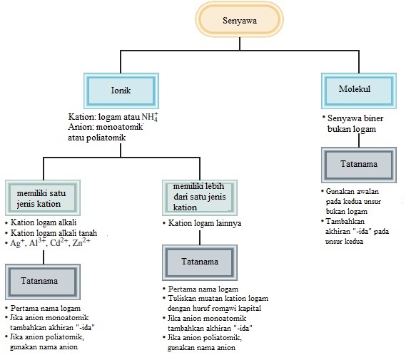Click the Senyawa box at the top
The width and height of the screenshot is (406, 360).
240,20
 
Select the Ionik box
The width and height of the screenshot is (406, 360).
121,91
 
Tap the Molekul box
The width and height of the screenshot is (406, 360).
359,91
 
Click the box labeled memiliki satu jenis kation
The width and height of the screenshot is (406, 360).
43,198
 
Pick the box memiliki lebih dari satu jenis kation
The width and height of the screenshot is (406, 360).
200,198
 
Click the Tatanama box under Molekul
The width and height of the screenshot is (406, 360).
359,165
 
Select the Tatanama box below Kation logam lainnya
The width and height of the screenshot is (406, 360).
200,262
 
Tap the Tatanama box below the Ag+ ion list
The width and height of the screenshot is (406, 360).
43,282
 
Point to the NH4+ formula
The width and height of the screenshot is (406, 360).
150,117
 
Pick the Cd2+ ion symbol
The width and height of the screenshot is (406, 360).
59,242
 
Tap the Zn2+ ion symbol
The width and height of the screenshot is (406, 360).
81,242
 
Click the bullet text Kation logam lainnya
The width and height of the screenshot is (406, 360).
205,223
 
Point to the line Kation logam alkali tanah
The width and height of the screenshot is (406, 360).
54,233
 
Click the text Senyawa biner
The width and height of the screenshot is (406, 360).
355,118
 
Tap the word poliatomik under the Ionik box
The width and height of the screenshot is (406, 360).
106,138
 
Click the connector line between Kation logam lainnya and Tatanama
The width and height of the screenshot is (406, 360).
200,237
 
